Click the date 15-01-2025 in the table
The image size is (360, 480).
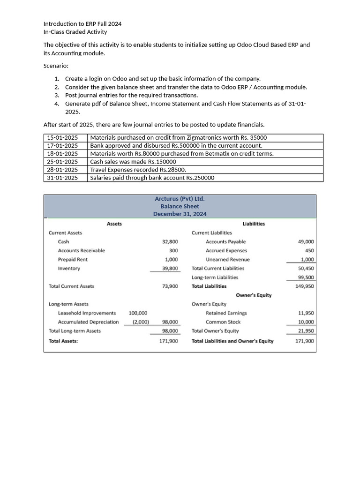[x=62, y=137]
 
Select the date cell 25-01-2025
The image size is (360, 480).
[x=62, y=162]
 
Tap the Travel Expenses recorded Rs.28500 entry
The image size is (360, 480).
[x=138, y=170]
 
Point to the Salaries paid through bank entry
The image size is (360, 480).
[x=152, y=178]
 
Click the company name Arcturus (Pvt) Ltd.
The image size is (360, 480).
[x=180, y=198]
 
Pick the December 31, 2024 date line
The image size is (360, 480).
[x=180, y=214]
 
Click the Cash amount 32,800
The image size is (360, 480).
[x=170, y=241]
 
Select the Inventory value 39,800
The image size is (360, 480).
[x=170, y=268]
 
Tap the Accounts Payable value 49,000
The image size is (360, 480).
[x=306, y=241]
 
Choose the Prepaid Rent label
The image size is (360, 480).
[x=73, y=259]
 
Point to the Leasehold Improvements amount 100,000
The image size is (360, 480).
[x=138, y=313]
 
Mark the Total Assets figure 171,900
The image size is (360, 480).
[x=168, y=341]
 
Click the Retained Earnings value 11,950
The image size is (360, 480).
[x=306, y=313]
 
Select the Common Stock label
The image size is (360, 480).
[x=223, y=322]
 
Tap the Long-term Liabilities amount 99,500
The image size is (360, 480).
[x=306, y=277]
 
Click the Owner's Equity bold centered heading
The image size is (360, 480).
[x=254, y=295]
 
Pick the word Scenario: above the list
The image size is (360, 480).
[x=56, y=66]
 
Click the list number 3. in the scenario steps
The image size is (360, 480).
[x=57, y=95]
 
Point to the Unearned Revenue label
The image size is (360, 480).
[x=227, y=259]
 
